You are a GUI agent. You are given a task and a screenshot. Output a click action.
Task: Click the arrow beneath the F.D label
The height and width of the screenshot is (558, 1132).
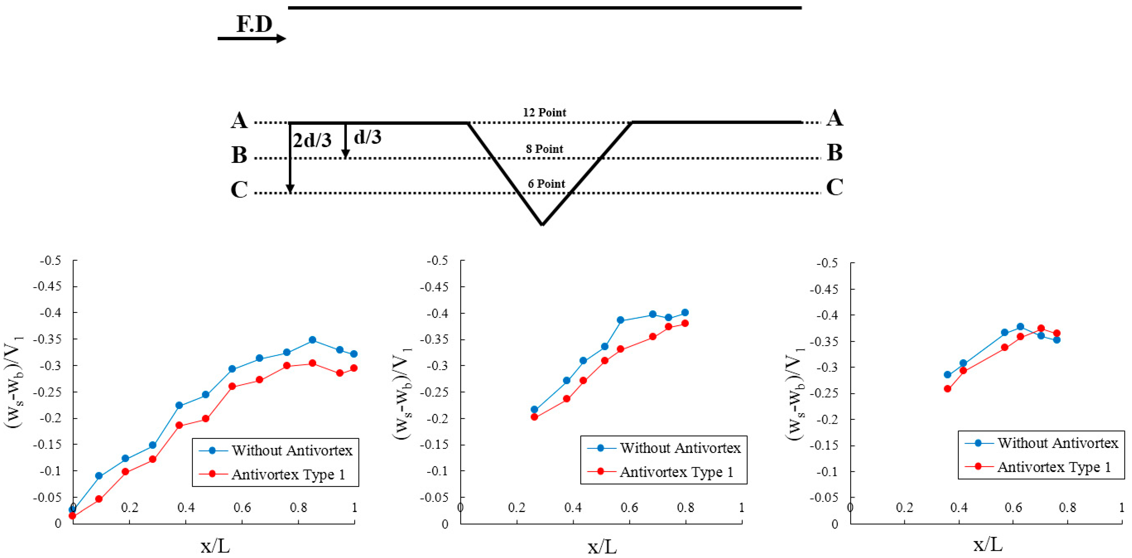(x=251, y=39)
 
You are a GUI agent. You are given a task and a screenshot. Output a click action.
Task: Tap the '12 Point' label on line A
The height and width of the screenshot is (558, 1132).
(x=544, y=112)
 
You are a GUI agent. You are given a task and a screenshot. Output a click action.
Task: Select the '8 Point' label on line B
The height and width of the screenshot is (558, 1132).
(x=544, y=149)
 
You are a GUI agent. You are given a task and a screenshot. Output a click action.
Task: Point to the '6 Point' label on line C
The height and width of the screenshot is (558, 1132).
(x=546, y=184)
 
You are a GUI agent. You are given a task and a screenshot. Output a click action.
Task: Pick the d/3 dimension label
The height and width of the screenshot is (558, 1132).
(x=367, y=137)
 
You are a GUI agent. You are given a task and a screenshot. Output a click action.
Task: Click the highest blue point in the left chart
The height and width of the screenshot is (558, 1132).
(x=312, y=340)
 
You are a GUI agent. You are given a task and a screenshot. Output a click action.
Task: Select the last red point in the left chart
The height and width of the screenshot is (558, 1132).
(x=354, y=368)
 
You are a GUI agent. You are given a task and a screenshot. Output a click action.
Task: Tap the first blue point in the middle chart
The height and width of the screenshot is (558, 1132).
(x=534, y=409)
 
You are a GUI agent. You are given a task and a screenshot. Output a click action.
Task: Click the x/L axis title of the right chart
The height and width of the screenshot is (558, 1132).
(x=987, y=545)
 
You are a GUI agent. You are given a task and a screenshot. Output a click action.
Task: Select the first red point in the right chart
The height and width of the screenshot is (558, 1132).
(x=947, y=389)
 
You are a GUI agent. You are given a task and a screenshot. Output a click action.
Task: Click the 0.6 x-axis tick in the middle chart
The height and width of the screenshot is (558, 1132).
(x=629, y=508)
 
